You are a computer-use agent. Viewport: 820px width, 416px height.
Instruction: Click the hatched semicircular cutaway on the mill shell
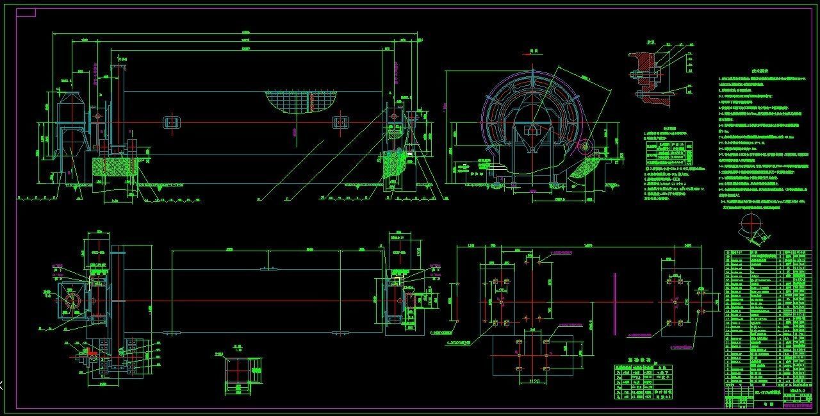tap(300, 101)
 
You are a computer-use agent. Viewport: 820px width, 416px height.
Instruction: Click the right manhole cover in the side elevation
tap(339, 122)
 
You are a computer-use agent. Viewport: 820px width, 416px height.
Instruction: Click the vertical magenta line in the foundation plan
tap(614, 304)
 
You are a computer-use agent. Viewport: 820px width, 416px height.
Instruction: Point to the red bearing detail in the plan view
tap(92, 351)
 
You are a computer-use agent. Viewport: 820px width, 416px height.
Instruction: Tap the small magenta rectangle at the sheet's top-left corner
tap(26, 13)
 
